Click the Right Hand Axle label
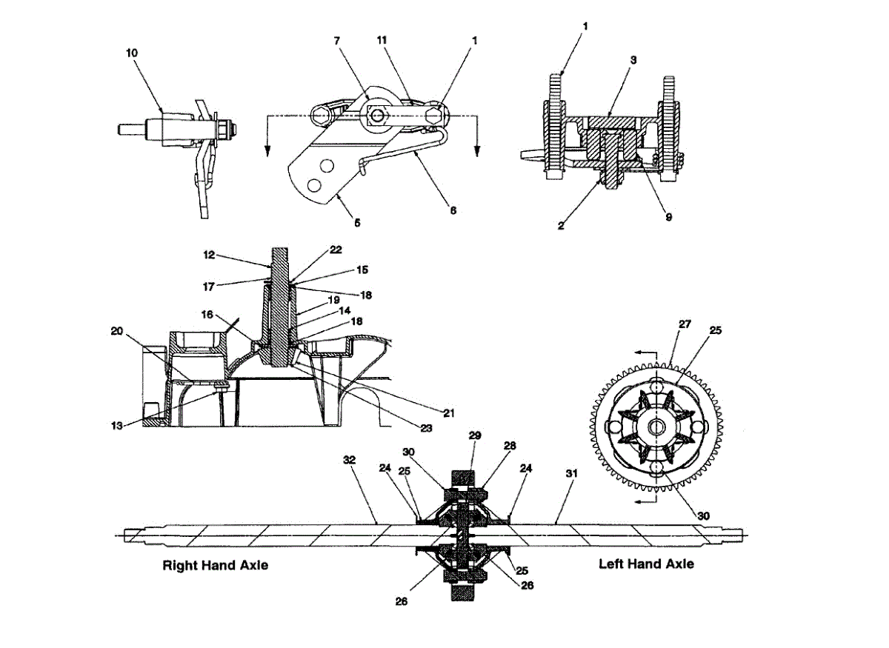click(215, 565)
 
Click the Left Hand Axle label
click(646, 564)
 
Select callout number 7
click(337, 41)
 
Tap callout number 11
click(382, 41)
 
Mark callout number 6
click(453, 210)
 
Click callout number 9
click(669, 218)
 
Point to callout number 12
click(209, 254)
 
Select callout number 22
click(336, 250)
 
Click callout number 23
click(427, 427)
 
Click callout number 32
click(349, 460)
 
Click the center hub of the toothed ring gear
click(656, 427)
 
